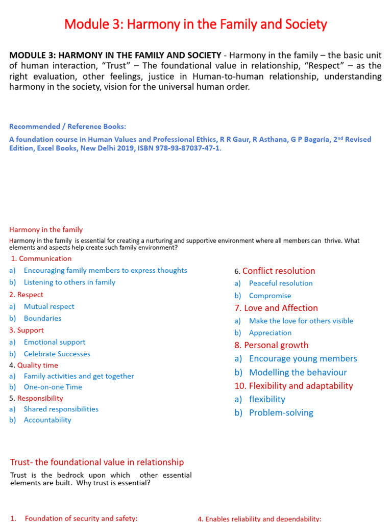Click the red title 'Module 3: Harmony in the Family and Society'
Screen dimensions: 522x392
[x=195, y=24]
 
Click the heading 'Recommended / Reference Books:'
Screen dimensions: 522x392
[x=67, y=126]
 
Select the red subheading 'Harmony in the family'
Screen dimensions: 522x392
[x=46, y=230]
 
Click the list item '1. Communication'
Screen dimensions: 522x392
[x=41, y=258]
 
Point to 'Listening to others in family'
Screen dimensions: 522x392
[x=69, y=282]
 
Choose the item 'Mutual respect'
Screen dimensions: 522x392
[x=49, y=306]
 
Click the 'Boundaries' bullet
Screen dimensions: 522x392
[x=42, y=318]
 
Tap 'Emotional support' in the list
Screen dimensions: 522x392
[x=55, y=342]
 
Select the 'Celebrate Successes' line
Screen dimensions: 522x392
[x=57, y=354]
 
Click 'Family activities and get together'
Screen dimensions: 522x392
[x=79, y=376]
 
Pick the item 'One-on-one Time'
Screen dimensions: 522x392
[x=53, y=387]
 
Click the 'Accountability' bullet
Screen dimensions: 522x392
[x=47, y=420]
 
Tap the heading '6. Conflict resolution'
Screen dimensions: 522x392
[x=275, y=271]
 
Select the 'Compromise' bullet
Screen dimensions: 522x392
[x=270, y=296]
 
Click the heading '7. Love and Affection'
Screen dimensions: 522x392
[x=276, y=308]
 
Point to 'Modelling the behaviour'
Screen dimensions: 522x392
[x=298, y=373]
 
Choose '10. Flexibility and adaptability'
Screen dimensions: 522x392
[x=293, y=386]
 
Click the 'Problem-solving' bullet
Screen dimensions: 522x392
[x=281, y=413]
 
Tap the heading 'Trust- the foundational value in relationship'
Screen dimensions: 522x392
[x=97, y=462]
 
